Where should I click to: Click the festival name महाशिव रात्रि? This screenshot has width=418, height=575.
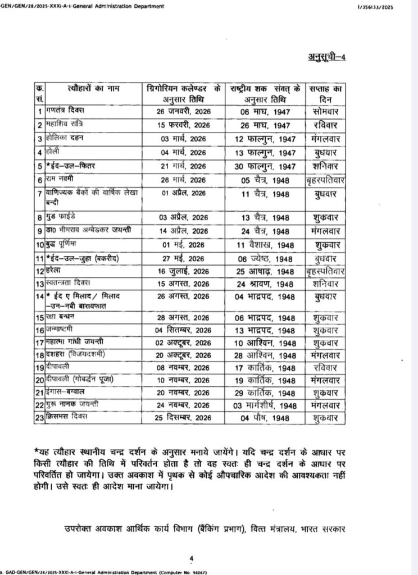click(x=63, y=124)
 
